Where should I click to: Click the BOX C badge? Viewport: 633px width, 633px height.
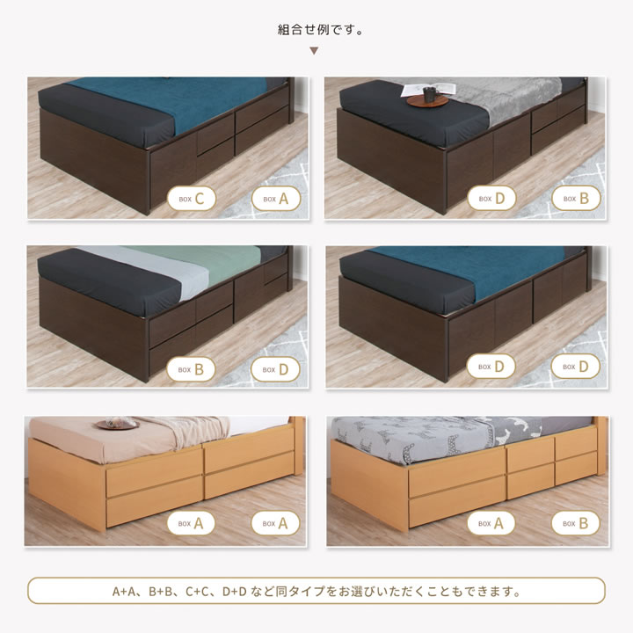pos(192,199)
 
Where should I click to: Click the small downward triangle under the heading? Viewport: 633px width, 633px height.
pos(314,51)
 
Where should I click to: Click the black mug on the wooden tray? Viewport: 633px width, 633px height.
pos(429,95)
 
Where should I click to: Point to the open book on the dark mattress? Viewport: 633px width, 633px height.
pos(428,90)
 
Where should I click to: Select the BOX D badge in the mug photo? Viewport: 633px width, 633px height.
pos(491,199)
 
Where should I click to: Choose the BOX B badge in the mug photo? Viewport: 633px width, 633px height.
pos(576,199)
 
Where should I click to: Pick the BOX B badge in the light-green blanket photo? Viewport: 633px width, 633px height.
pos(191,369)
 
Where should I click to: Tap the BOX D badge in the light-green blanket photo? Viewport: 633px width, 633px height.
pos(275,369)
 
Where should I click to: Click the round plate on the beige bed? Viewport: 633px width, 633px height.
pos(118,425)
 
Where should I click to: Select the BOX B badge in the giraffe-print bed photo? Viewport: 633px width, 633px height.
pos(576,523)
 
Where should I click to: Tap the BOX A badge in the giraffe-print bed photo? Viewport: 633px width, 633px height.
pos(491,523)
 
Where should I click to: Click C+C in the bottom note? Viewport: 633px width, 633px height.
pos(199,592)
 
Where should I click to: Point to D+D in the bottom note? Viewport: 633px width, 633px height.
pos(235,592)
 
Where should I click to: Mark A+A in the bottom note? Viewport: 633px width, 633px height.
pos(125,592)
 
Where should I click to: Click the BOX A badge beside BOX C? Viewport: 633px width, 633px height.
pos(276,199)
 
